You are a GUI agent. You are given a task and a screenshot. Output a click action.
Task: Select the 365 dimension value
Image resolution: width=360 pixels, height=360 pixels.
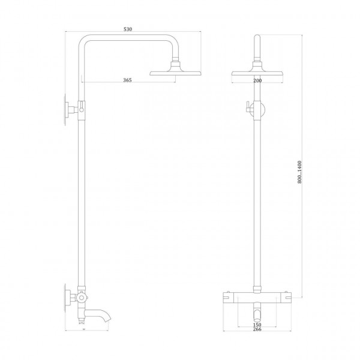tap(127, 80)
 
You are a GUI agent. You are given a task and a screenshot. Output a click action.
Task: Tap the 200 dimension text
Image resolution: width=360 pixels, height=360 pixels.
tap(257, 80)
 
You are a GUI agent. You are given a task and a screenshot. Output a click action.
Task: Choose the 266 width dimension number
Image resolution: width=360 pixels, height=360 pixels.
tap(257, 329)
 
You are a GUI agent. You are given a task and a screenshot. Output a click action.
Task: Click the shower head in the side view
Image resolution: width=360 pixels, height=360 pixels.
tap(175, 73)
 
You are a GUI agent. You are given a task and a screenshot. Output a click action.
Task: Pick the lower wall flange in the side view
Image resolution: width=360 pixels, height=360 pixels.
tap(65, 298)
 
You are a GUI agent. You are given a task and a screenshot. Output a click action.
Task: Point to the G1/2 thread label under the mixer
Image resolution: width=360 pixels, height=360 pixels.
tap(82, 323)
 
